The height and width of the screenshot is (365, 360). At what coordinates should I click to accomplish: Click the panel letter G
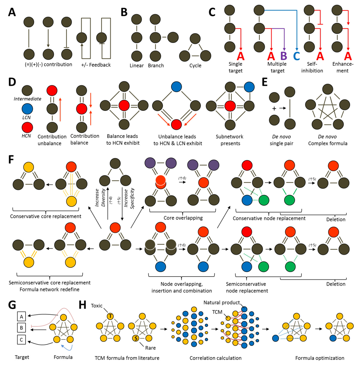[12, 305]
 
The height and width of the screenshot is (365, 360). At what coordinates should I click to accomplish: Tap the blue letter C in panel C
[296, 56]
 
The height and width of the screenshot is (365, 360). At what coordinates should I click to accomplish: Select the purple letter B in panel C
[284, 56]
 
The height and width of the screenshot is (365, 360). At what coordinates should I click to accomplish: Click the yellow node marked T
[110, 316]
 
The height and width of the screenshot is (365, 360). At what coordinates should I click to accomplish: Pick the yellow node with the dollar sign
[136, 338]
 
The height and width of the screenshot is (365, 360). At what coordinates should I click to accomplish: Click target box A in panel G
[21, 316]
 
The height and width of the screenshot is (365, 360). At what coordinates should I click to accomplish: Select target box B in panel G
[21, 328]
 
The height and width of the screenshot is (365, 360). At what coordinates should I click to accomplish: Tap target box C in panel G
[21, 340]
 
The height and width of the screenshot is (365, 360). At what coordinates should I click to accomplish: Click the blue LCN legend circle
[27, 109]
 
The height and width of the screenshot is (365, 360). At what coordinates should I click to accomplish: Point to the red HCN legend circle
[27, 127]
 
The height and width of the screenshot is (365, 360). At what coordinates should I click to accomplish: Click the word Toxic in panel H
[97, 306]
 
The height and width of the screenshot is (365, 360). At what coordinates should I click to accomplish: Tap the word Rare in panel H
[150, 348]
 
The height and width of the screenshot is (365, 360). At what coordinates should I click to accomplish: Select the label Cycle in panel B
[195, 66]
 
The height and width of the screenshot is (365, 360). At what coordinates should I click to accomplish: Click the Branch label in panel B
[156, 66]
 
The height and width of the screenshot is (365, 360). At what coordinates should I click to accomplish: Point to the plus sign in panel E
[274, 108]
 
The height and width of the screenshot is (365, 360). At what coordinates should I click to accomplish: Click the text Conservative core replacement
[45, 216]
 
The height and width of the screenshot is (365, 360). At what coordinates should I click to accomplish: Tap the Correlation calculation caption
[216, 358]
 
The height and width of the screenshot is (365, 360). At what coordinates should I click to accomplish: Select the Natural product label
[222, 302]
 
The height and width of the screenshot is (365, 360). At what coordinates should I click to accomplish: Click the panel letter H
[82, 305]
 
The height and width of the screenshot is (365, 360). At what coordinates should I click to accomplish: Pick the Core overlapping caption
[183, 218]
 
